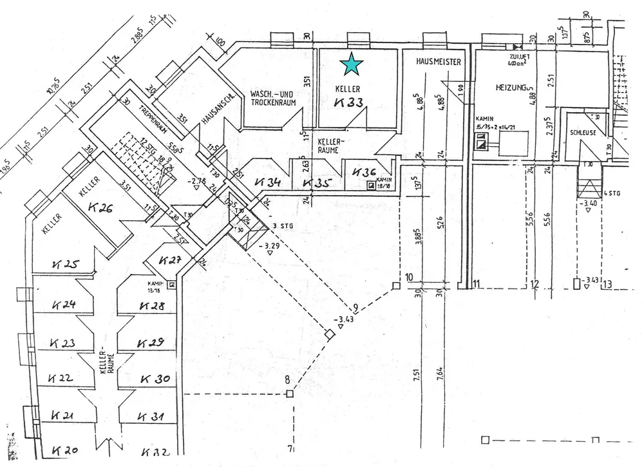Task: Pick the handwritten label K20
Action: click(65, 450)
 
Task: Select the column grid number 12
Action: click(534, 284)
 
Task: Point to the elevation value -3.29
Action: click(270, 245)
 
